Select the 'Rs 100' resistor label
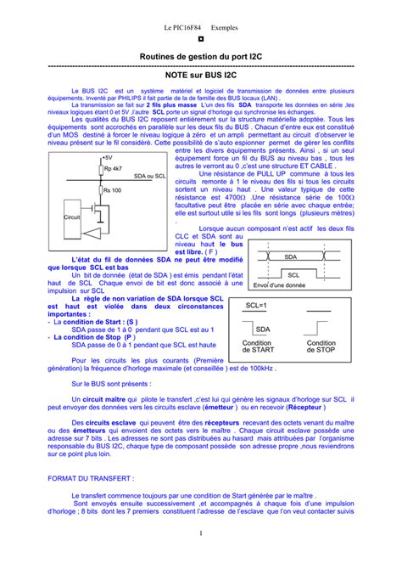tap(111, 190)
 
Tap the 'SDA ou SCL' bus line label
tap(148, 175)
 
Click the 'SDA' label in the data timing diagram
tap(291, 256)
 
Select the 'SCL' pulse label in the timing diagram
tap(293, 275)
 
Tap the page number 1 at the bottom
tap(201, 556)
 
